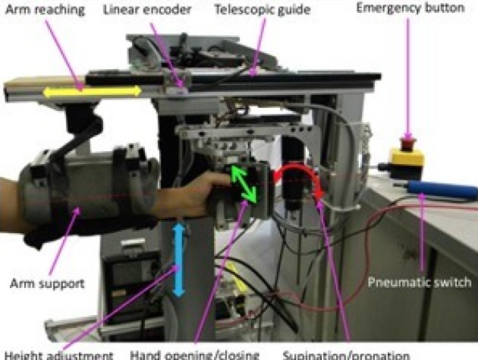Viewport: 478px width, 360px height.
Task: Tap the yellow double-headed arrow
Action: tap(91, 91)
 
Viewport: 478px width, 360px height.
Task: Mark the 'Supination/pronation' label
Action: tap(341, 353)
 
